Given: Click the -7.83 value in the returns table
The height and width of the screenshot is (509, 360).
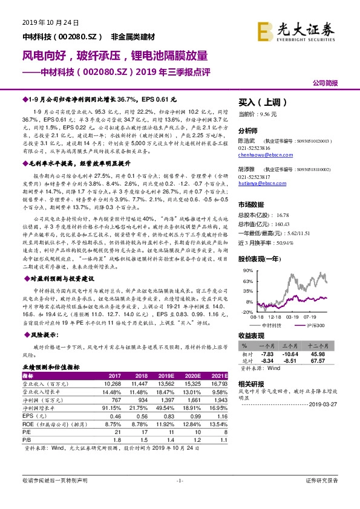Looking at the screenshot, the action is coord(269,354).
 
